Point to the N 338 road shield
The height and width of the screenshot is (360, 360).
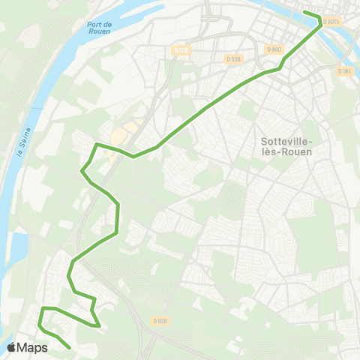tap(180, 50)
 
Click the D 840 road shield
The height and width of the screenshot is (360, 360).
tap(274, 49)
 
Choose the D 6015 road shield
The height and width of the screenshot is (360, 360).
tap(331, 22)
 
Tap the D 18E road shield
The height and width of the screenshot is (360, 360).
tap(344, 71)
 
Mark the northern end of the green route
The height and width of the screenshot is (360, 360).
tap(304, 12)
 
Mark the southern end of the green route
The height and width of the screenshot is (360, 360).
tap(70, 347)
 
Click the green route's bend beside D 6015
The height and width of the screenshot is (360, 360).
tap(322, 19)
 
